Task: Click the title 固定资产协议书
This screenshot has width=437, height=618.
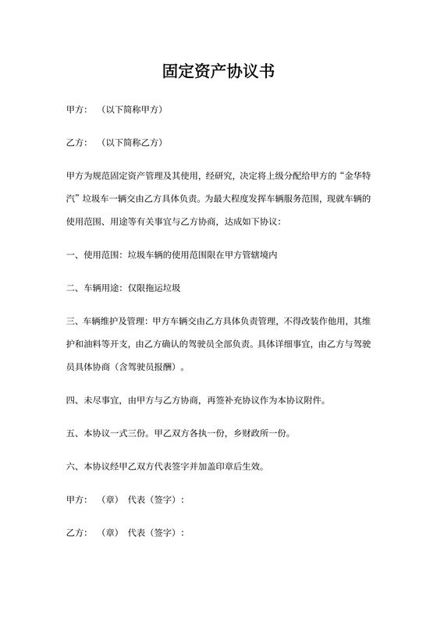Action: point(218,71)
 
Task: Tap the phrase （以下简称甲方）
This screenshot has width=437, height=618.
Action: point(132,110)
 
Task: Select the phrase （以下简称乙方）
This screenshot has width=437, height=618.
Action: point(132,144)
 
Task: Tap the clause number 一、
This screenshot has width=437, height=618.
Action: point(73,255)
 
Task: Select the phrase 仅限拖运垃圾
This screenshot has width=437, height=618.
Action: point(156,289)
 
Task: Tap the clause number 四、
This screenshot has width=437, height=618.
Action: point(73,401)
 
